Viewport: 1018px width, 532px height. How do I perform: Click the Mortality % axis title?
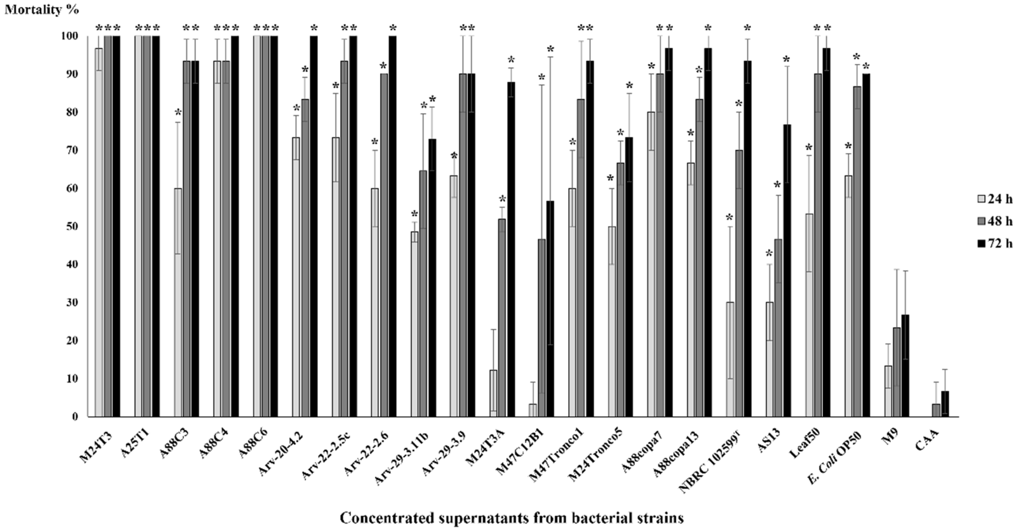coord(41,9)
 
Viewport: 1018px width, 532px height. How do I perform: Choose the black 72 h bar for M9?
coord(905,366)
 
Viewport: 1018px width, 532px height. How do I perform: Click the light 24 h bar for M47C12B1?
coord(533,410)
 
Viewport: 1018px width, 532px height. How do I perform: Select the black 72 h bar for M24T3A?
coord(511,249)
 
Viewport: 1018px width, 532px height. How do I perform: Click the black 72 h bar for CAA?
coord(945,404)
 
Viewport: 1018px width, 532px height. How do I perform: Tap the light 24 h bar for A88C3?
coord(178,303)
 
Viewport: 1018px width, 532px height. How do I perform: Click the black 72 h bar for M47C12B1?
coord(550,309)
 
